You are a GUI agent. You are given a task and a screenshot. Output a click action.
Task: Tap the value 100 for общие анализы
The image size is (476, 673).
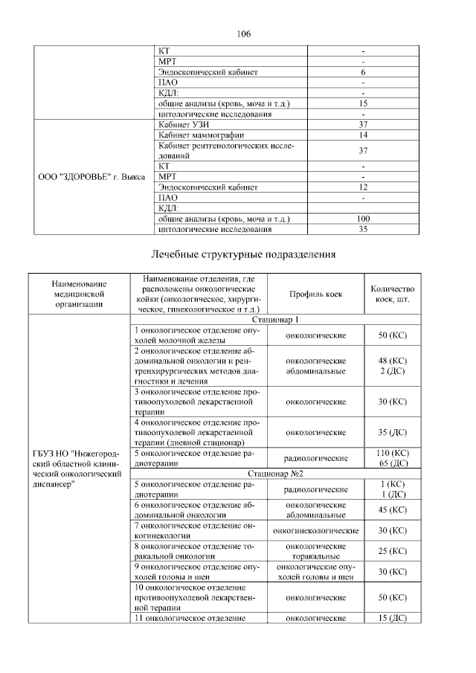pos(363,219)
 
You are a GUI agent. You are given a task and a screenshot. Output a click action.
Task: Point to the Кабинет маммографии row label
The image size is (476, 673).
pos(195,135)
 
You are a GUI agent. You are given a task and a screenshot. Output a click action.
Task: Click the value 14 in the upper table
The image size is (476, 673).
pos(363,135)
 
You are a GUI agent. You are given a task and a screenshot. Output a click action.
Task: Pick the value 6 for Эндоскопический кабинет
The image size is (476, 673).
pos(363,72)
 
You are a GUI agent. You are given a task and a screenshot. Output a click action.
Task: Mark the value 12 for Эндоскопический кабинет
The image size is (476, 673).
pos(363,187)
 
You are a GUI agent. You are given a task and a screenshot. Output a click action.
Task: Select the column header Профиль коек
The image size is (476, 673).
pos(315,294)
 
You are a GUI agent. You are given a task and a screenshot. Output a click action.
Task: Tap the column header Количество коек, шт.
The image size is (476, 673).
pos(392,294)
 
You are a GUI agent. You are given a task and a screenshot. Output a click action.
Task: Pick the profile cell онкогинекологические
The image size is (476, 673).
pos(315,531)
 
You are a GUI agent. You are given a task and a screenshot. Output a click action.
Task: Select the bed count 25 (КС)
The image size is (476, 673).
pos(392,551)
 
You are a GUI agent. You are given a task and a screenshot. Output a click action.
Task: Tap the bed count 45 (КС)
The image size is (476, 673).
pos(392,510)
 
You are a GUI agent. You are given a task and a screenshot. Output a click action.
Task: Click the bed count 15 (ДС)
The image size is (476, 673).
pos(392,618)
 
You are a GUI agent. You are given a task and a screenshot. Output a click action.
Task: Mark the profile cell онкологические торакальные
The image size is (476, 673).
pos(315,551)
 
